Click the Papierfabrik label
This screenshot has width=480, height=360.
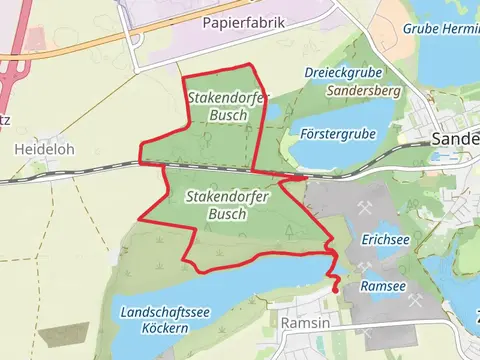243,22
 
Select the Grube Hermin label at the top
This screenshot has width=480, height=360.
440,28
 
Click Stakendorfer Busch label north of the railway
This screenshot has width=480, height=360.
222,106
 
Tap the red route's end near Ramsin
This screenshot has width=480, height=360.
334,291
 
